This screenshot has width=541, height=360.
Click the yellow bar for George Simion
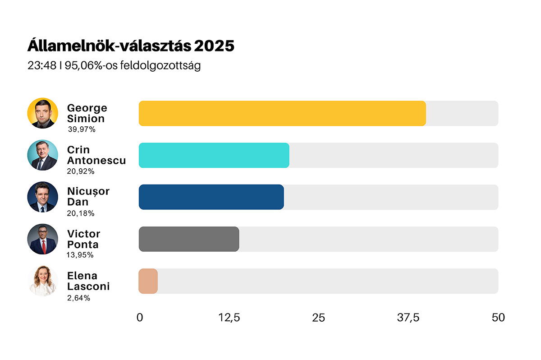tap(282, 113)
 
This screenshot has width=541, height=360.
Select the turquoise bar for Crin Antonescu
tap(214, 155)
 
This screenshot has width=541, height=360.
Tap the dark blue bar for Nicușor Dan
tap(211, 197)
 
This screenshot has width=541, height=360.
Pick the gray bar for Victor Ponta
tap(188, 239)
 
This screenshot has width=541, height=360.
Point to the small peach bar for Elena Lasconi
tap(148, 281)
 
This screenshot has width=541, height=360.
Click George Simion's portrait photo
tap(43, 113)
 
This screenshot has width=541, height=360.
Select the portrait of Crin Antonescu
tap(43, 155)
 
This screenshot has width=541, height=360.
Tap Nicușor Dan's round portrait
tap(43, 197)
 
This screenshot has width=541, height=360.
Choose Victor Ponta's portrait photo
tap(43, 239)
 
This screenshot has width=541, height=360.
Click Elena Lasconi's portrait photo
tap(43, 281)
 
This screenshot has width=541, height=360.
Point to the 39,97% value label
tap(82, 129)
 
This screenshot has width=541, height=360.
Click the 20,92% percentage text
tap(81, 171)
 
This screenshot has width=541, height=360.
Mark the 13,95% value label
tap(80, 255)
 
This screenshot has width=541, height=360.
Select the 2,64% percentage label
tap(78, 298)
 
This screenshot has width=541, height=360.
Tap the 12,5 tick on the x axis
tap(229, 318)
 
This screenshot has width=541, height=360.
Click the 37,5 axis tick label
tap(408, 318)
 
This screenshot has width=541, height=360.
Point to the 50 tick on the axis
tap(498, 318)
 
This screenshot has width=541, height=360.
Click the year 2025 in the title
tap(215, 46)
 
